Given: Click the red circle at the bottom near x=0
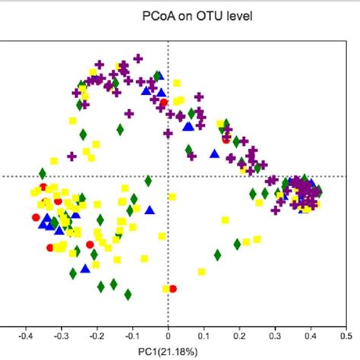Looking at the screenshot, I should click(x=174, y=289).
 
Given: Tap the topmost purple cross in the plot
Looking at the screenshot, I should click(x=138, y=58).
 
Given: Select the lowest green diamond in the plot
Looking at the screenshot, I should click(x=128, y=293).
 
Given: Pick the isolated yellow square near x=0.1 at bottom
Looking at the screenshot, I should click(x=202, y=271).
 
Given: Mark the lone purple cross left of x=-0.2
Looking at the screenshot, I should click(x=71, y=156).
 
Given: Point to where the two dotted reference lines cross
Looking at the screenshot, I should click(x=168, y=176).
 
